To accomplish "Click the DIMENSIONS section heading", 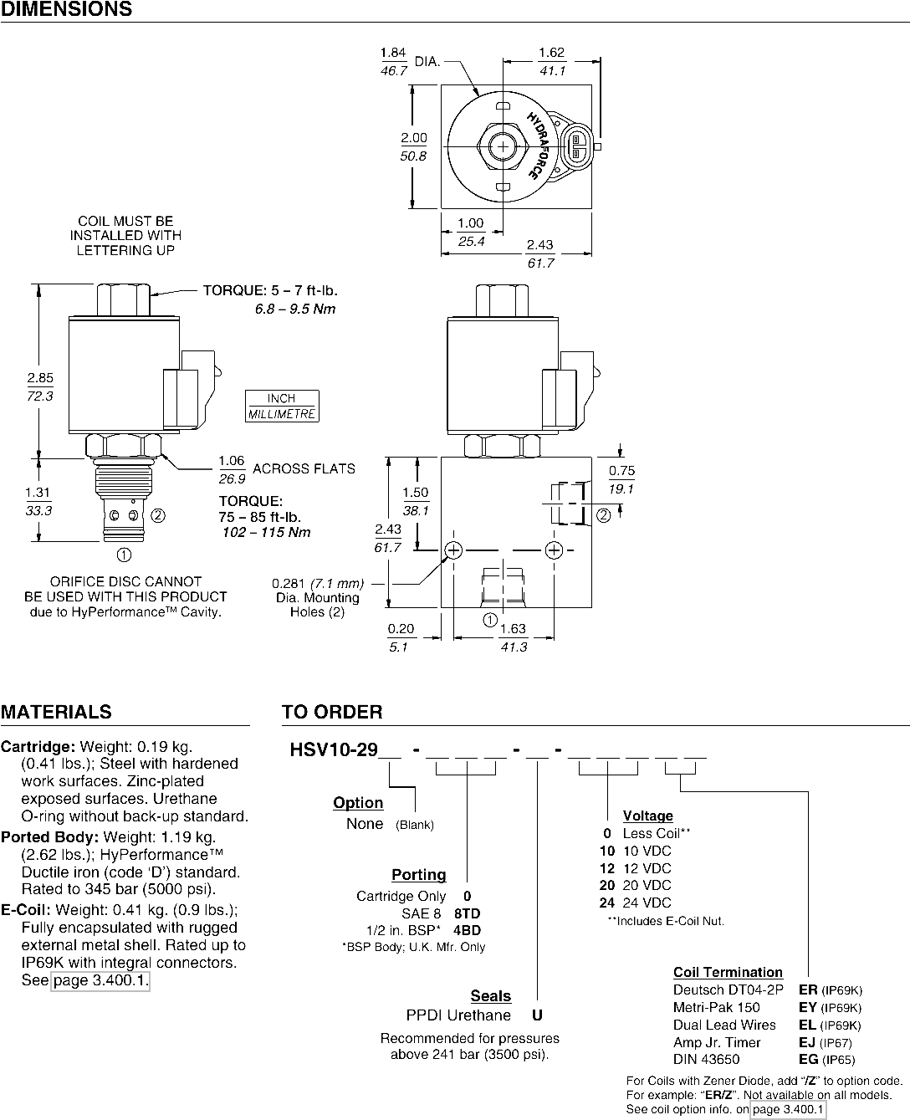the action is [66, 9].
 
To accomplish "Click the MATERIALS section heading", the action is [56, 712].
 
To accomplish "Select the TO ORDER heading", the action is [332, 712].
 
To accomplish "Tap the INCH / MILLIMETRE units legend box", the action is [282, 406].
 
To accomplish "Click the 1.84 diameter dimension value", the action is [393, 53].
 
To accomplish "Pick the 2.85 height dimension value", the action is [40, 377].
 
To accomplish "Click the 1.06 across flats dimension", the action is [232, 461].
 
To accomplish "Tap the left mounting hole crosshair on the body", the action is [453, 550].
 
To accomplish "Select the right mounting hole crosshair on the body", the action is [554, 550].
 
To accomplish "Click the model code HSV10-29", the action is [334, 749].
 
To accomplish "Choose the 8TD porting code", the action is [468, 913].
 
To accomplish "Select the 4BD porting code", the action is [468, 930].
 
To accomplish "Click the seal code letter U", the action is [537, 1015].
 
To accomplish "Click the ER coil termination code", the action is [808, 990].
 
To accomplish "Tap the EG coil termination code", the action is [809, 1059].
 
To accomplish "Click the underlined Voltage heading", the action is [647, 816].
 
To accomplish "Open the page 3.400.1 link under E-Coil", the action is [100, 980].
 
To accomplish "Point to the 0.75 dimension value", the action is [622, 471].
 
